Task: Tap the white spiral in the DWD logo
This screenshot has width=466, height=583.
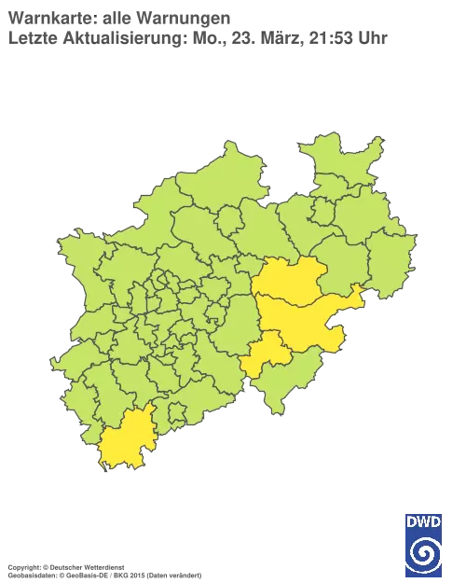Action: (424, 552)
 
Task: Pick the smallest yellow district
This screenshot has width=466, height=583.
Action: (266, 354)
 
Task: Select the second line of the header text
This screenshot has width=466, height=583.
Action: (196, 37)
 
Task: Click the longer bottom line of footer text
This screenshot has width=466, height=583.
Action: (103, 568)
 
